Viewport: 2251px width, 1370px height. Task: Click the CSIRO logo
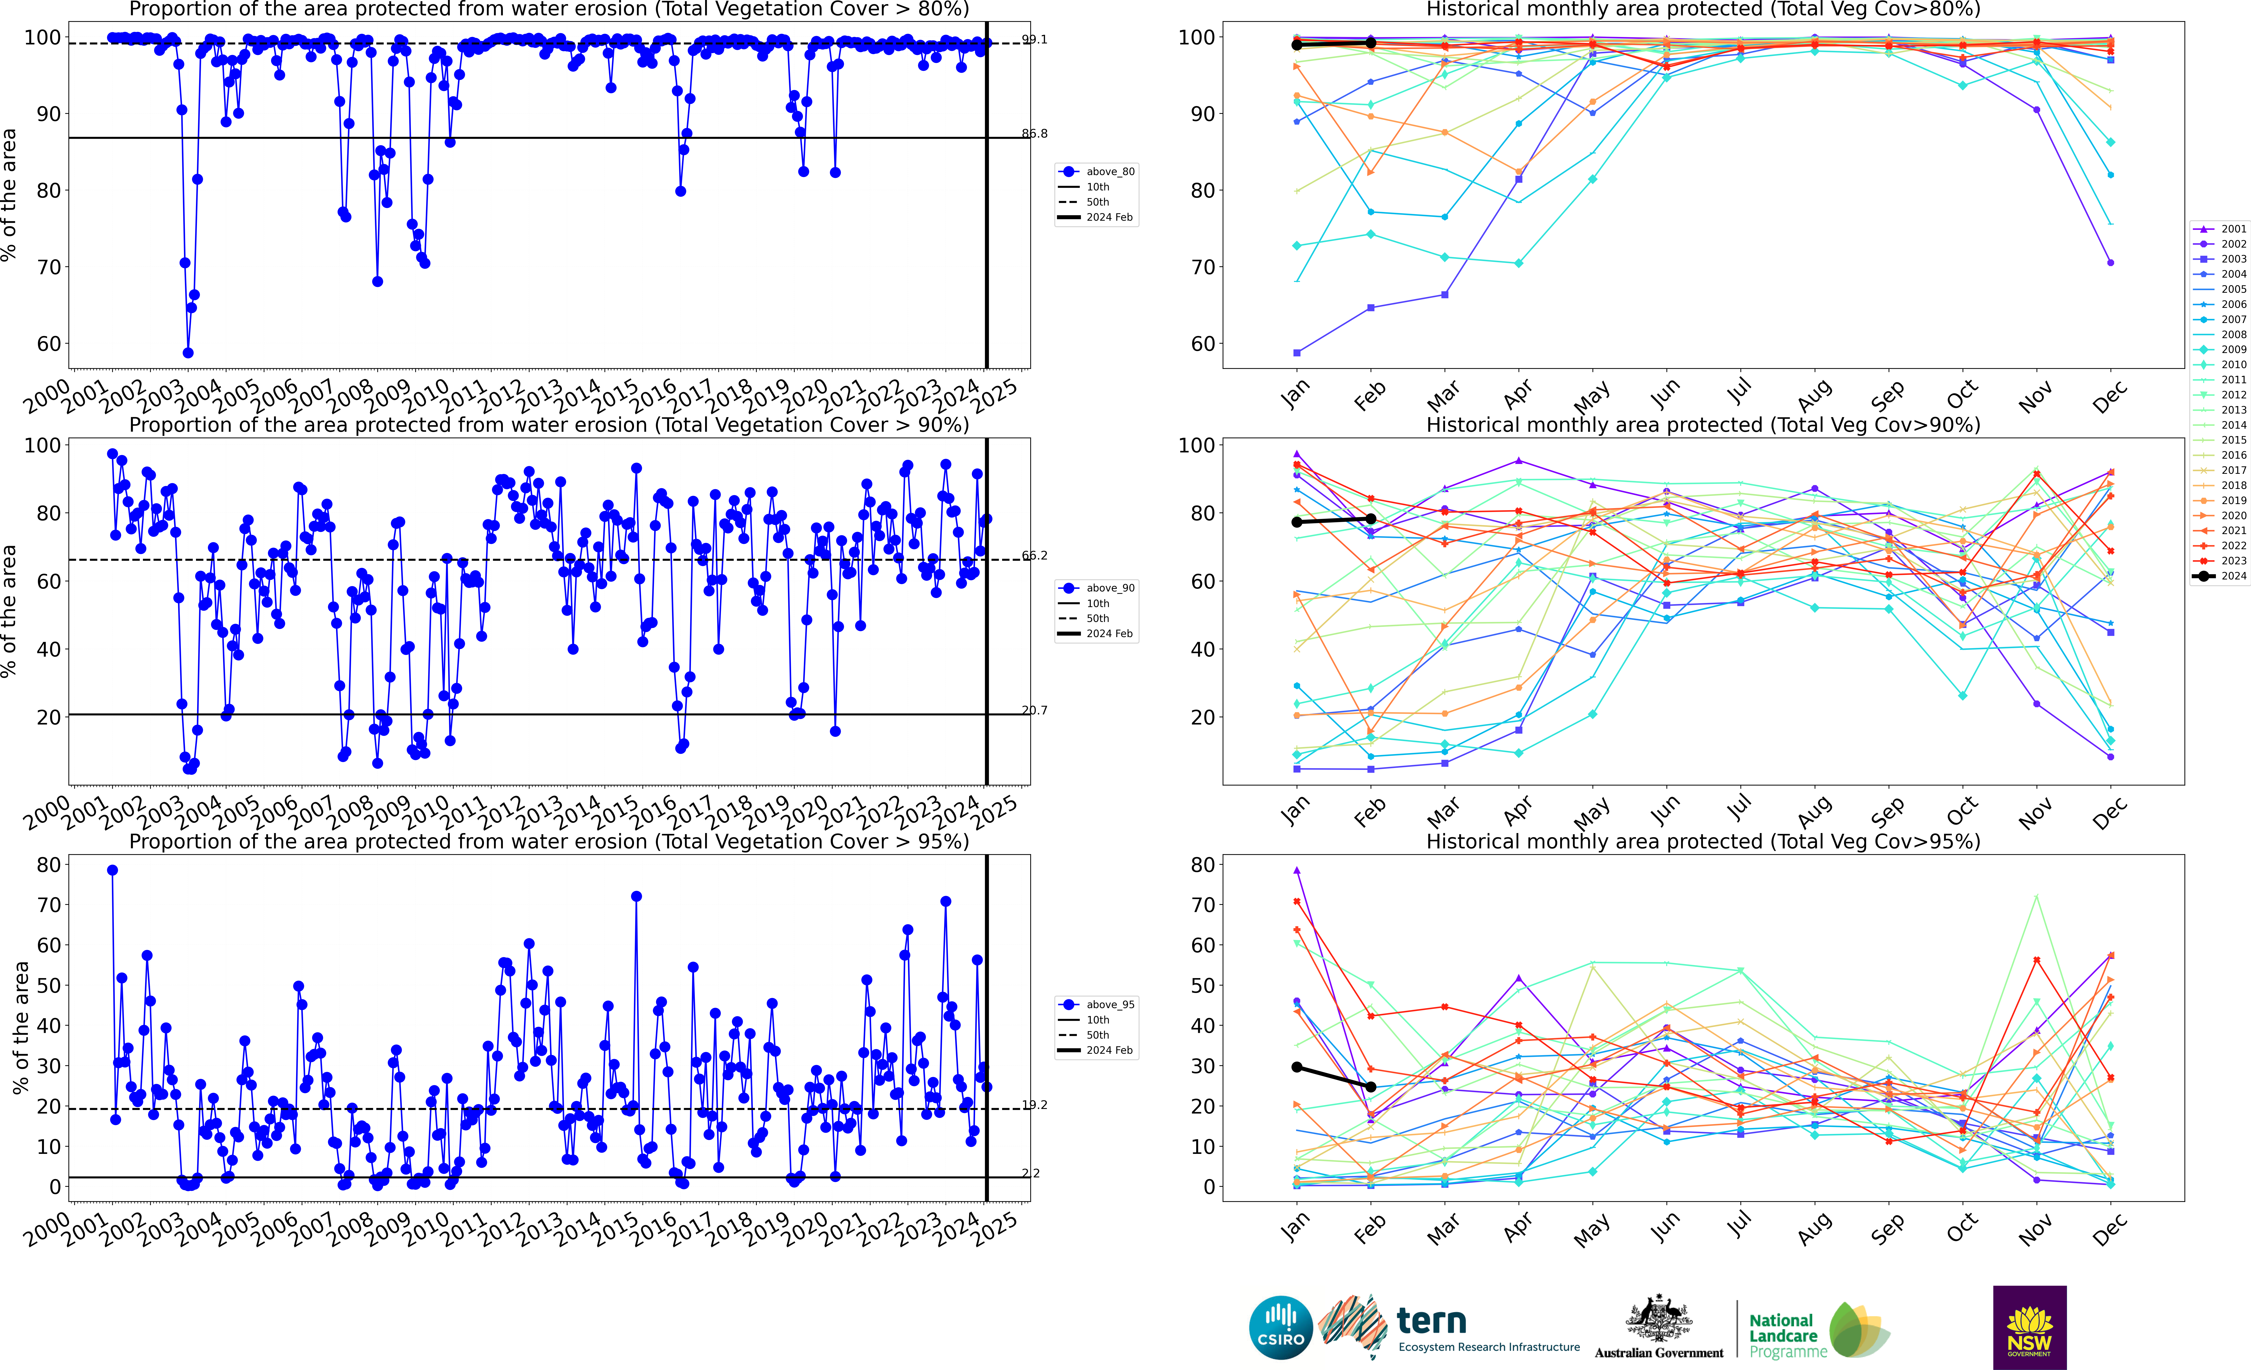pyautogui.click(x=1281, y=1327)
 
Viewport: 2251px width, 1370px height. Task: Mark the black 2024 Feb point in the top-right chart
pyautogui.click(x=1370, y=43)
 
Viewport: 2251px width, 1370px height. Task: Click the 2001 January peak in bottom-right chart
pyautogui.click(x=1296, y=871)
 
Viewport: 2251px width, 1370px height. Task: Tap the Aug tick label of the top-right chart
pyautogui.click(x=1813, y=396)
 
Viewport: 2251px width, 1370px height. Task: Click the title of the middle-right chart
pyautogui.click(x=1703, y=425)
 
